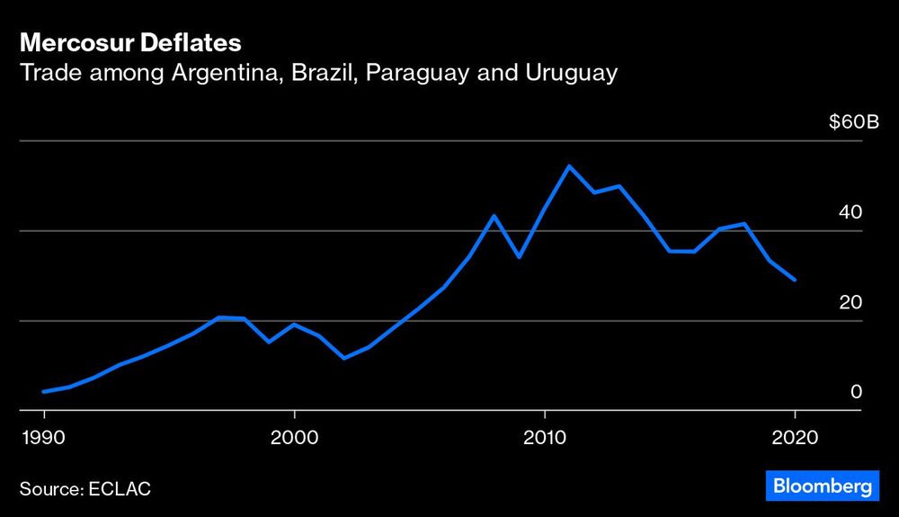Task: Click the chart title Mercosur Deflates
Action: click(x=129, y=42)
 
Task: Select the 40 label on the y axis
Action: click(x=850, y=212)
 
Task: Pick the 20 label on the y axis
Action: click(x=850, y=302)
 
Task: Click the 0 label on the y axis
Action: click(x=856, y=392)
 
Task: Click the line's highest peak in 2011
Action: click(x=568, y=166)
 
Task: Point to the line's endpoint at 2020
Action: click(x=794, y=280)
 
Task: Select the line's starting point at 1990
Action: click(x=44, y=391)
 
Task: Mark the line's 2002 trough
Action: click(x=343, y=358)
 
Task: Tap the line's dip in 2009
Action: click(x=519, y=257)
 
